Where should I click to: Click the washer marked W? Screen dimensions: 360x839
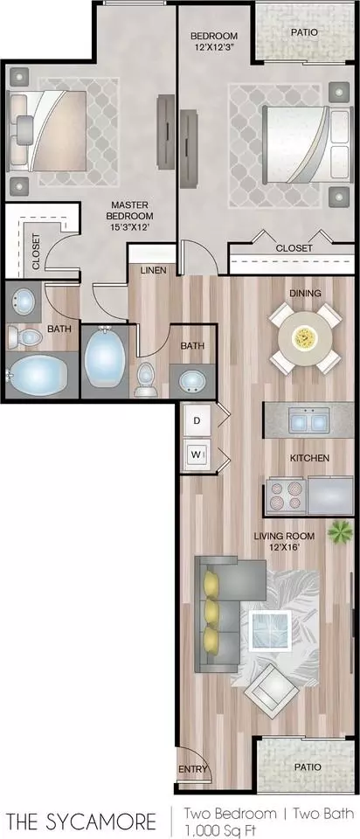pos(197,455)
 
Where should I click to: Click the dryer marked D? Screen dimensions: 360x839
pos(197,420)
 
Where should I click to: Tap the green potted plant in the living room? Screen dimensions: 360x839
pos(340,532)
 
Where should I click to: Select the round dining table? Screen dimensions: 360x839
pos(306,337)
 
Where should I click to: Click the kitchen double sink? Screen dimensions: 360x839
pos(309,420)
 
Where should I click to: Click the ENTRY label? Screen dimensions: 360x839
pos(192,769)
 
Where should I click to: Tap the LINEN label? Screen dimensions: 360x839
pos(154,270)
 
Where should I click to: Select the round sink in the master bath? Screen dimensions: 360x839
pos(24,302)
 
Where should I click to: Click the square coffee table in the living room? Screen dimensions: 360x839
pos(271,629)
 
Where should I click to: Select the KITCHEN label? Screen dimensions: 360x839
pos(309,458)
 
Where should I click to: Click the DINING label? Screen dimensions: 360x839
pos(306,294)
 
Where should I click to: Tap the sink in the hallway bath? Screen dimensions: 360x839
pos(191,381)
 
